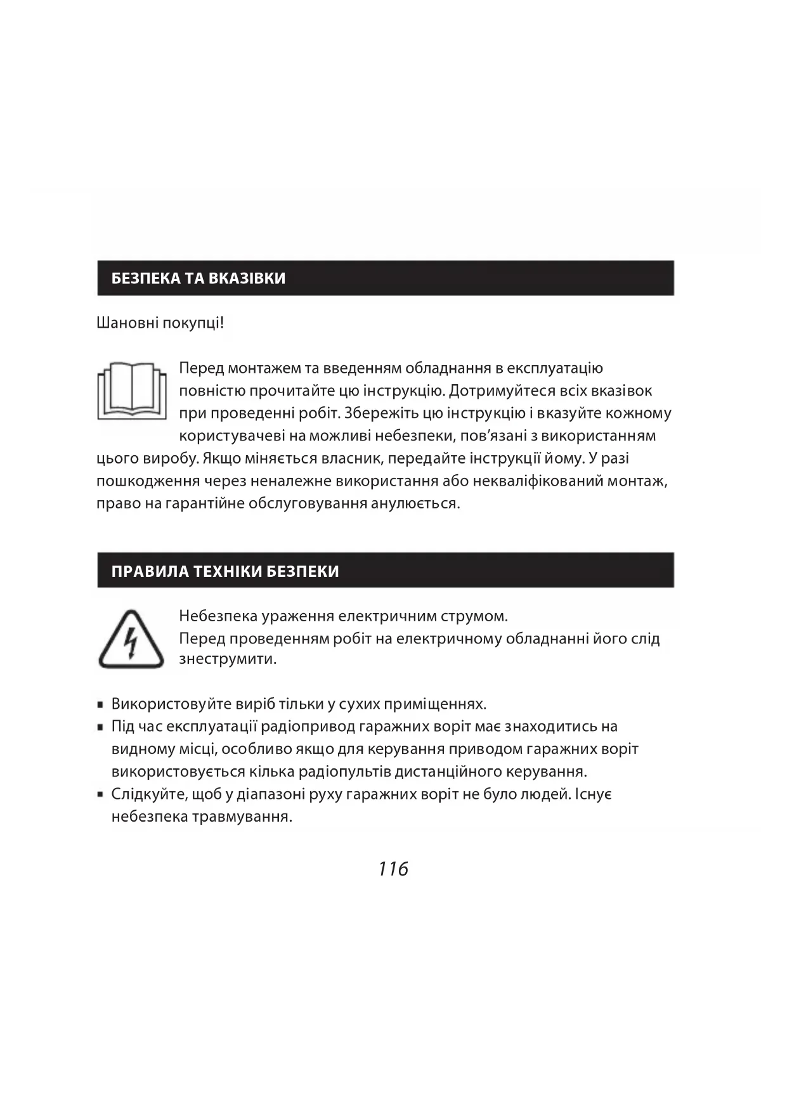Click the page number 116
393,869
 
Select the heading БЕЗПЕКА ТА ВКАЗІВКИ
198,278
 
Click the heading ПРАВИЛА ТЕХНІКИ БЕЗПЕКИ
225,571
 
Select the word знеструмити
228,659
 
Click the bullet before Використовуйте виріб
101,704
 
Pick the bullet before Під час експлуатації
101,727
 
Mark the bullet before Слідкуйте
101,795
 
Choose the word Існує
594,794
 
